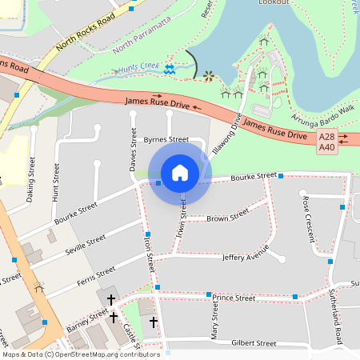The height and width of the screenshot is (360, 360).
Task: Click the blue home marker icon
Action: [180, 172]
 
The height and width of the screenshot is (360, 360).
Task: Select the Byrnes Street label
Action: [166, 139]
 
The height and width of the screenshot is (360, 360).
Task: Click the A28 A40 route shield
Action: [327, 142]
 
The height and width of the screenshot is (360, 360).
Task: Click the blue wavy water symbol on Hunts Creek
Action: [169, 70]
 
